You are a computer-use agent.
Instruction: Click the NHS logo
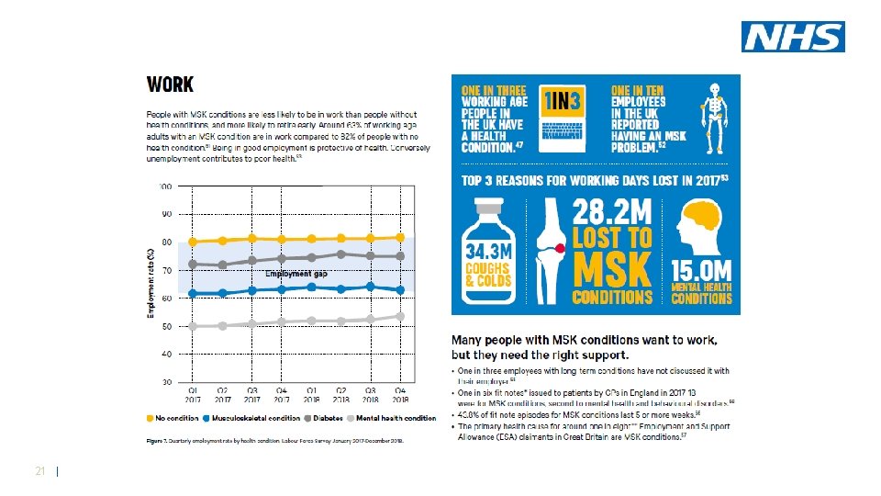pos(794,37)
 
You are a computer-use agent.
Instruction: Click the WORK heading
pos(170,85)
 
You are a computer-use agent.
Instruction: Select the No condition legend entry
pos(175,419)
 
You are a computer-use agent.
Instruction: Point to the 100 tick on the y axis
pos(164,186)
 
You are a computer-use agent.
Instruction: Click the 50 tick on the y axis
pos(165,326)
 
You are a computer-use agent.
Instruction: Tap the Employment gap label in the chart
pos(296,274)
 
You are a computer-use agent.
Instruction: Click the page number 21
pos(39,471)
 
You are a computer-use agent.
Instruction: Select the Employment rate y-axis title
pos(151,284)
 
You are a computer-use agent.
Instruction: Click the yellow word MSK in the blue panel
pos(612,269)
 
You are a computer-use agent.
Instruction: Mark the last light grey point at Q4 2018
pos(400,316)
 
